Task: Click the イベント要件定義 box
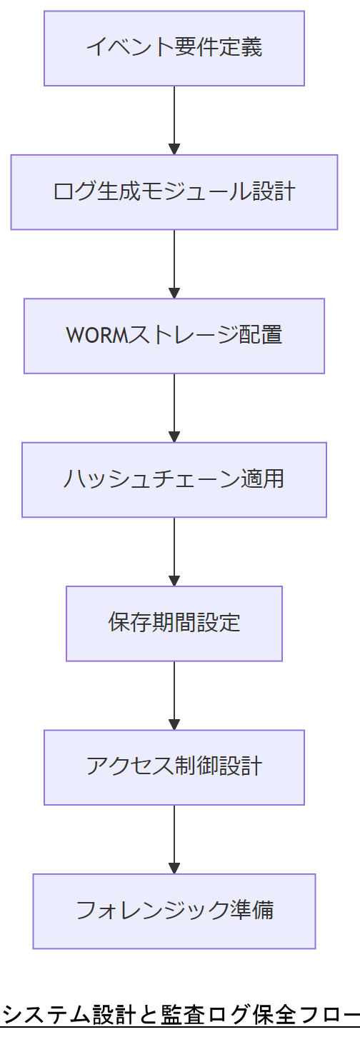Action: pos(174,48)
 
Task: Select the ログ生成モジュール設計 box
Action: pos(174,192)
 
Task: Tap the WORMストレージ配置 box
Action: pos(174,336)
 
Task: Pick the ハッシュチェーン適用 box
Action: pos(174,479)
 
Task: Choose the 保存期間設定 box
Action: pos(174,623)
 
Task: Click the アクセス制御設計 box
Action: pos(174,767)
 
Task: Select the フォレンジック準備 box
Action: pos(174,911)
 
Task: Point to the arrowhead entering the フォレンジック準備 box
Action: pos(174,868)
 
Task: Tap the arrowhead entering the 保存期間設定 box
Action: pos(174,580)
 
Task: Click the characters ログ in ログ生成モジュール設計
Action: pos(74,192)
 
